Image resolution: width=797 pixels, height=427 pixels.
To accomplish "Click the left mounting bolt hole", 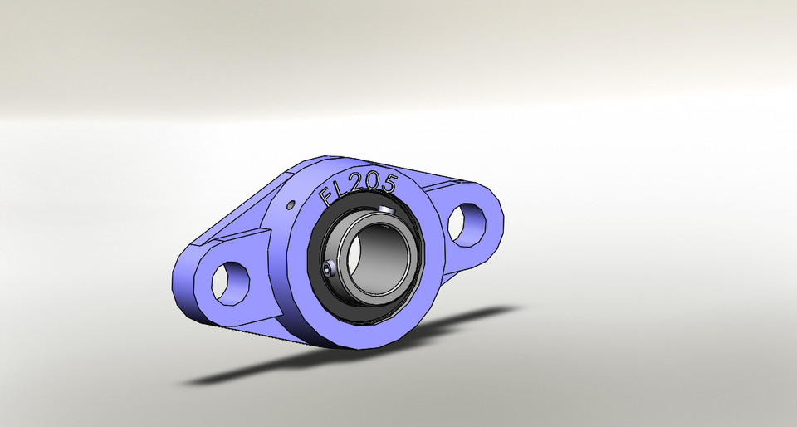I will tap(230, 280).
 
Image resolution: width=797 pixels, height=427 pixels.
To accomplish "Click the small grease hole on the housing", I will tap(291, 204).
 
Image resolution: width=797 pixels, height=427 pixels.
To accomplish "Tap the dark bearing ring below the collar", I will tap(365, 312).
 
